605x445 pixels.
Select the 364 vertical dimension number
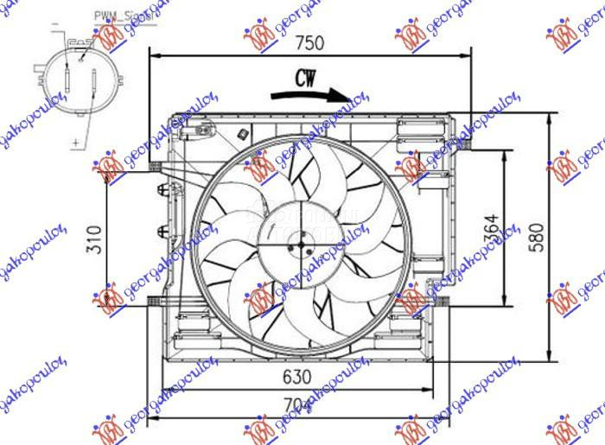point(490,228)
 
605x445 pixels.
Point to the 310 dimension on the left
point(94,238)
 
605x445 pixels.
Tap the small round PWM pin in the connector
point(82,59)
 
